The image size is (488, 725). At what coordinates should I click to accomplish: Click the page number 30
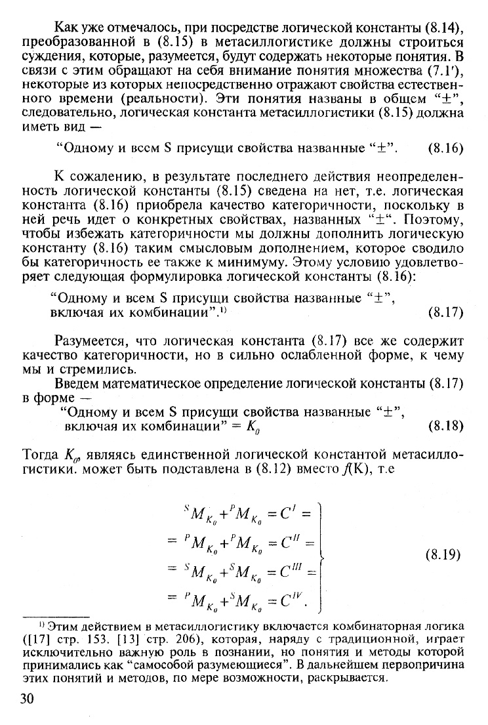(x=27, y=699)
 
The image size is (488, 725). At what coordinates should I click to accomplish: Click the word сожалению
(x=104, y=177)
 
